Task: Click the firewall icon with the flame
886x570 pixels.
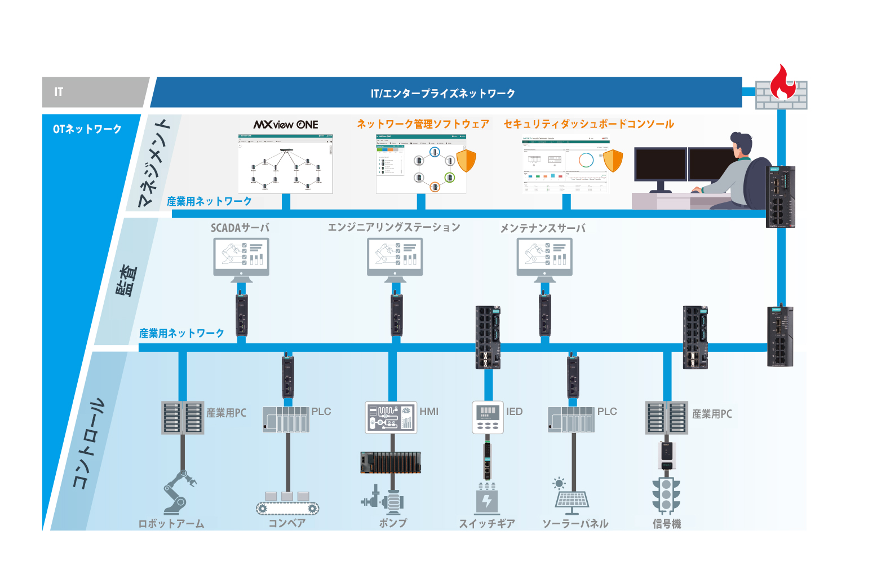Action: click(x=782, y=89)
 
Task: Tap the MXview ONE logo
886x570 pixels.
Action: click(x=286, y=125)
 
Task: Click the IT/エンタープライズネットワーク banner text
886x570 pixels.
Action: click(x=443, y=93)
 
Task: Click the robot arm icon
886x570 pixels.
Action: click(x=179, y=492)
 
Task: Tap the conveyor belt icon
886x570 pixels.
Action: click(x=287, y=503)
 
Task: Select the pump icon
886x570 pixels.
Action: click(x=384, y=498)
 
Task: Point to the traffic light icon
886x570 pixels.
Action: click(x=666, y=494)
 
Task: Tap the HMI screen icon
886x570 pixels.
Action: click(x=391, y=417)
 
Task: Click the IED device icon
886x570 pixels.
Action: click(x=488, y=417)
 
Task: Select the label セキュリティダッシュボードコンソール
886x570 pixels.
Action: click(x=588, y=124)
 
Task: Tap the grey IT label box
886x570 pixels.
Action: click(x=93, y=92)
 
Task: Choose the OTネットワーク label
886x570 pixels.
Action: click(x=87, y=129)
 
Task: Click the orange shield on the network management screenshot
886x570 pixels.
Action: click(x=466, y=160)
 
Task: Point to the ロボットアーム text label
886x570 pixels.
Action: click(x=171, y=524)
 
